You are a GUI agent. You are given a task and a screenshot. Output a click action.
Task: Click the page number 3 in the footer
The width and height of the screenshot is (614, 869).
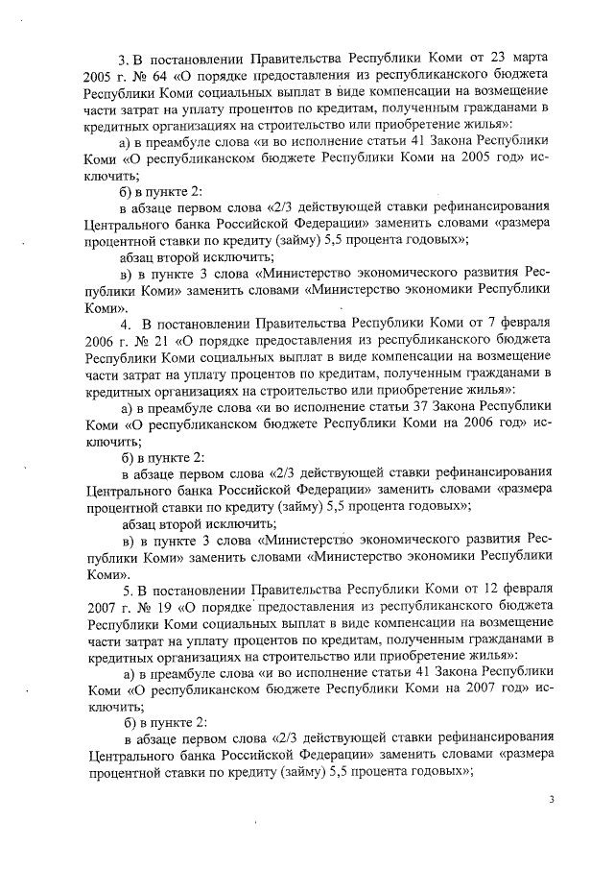552,798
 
